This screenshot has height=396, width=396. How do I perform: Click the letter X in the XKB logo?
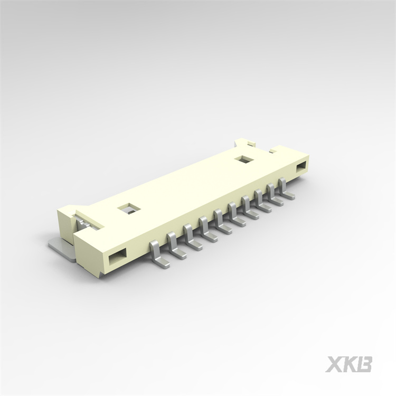click(x=335, y=364)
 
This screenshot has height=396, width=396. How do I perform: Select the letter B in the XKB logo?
click(x=365, y=364)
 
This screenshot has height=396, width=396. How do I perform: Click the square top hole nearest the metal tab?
click(x=127, y=209)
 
